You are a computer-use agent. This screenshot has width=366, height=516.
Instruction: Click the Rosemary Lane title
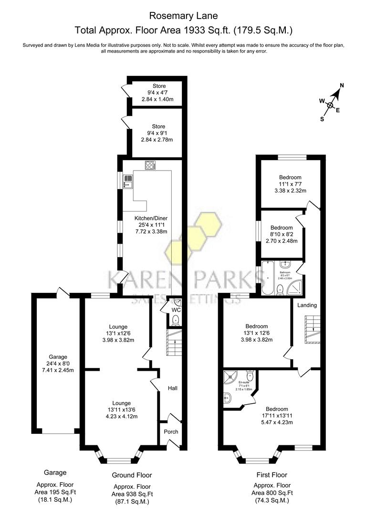pos(183,16)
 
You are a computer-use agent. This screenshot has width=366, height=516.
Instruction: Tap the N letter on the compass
pos(341,86)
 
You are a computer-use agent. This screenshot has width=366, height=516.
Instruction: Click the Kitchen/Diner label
pos(150,219)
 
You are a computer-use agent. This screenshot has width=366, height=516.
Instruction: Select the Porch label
pos(171,431)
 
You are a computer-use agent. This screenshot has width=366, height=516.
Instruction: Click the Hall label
pos(172,388)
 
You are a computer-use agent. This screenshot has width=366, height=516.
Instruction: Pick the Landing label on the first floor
pos(307,305)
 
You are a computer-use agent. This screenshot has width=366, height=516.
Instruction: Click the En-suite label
pos(244,382)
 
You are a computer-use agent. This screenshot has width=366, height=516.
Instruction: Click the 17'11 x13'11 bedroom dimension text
pos(277,416)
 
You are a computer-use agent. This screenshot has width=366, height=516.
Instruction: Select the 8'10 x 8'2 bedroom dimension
pos(282,235)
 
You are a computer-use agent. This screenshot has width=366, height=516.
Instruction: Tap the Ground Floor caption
pos(132,475)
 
